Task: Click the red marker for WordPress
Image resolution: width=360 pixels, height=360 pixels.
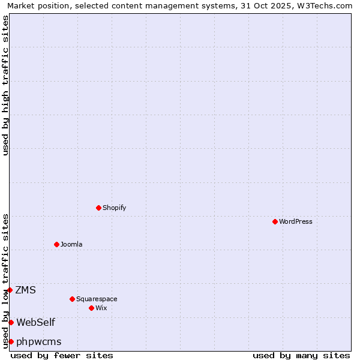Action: (x=275, y=221)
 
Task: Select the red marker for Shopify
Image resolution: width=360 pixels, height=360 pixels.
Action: (x=98, y=208)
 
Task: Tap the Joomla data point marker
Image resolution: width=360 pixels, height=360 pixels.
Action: (x=56, y=244)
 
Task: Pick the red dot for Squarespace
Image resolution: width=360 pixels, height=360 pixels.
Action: (x=72, y=299)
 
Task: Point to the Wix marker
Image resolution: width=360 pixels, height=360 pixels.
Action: (x=91, y=308)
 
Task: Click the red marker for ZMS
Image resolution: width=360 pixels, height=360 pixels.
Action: (x=10, y=290)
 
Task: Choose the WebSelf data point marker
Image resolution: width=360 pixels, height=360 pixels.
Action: (x=11, y=322)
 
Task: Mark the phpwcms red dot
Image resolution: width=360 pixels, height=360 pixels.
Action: (x=11, y=341)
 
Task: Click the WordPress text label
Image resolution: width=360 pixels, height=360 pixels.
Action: (x=296, y=221)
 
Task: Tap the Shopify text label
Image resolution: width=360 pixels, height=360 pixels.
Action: (x=115, y=208)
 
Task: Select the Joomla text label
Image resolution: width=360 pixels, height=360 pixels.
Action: (x=71, y=244)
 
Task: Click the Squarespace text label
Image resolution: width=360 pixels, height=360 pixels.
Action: (x=97, y=299)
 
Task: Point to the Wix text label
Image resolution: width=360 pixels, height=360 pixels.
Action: (x=101, y=308)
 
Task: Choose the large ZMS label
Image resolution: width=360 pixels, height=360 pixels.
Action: (x=25, y=290)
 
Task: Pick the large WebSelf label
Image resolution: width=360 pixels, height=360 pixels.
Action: (x=35, y=322)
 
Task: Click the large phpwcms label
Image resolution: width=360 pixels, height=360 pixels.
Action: (x=39, y=341)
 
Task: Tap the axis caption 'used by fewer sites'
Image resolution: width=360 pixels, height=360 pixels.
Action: (x=62, y=355)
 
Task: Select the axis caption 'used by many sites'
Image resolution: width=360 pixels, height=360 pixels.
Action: (x=301, y=355)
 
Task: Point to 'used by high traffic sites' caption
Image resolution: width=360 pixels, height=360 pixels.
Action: (x=5, y=85)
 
